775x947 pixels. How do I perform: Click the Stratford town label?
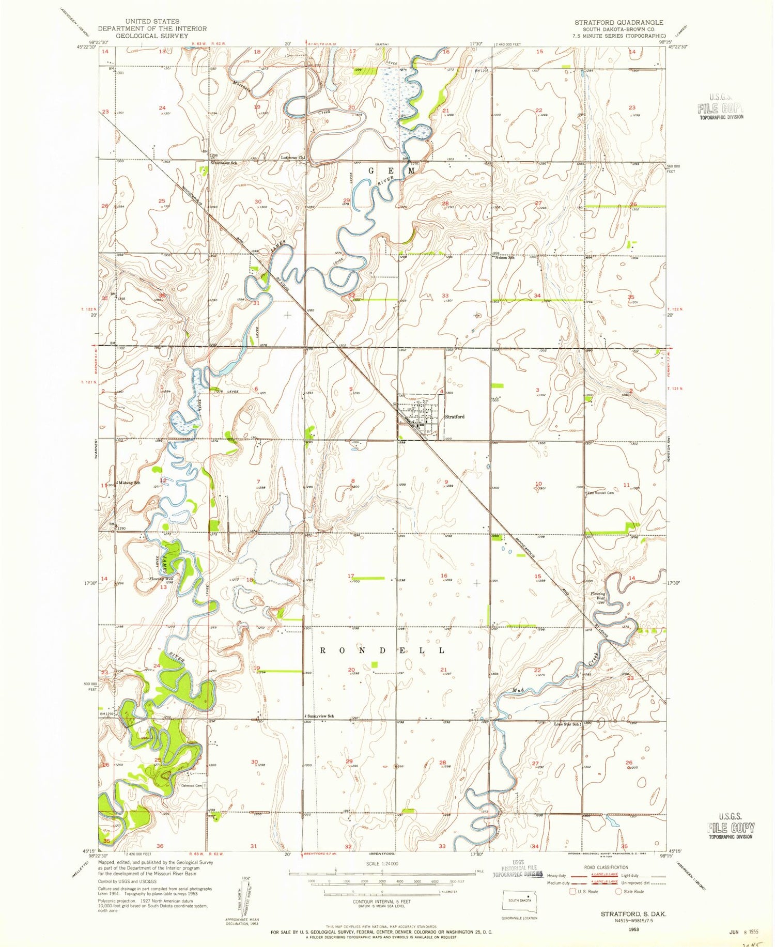click(455, 416)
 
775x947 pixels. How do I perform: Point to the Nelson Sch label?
click(505, 257)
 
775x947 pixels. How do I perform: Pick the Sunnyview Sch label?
click(320, 716)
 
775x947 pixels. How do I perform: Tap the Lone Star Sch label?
click(568, 724)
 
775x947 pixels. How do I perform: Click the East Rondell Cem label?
click(601, 492)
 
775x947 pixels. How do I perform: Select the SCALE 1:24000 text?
click(382, 863)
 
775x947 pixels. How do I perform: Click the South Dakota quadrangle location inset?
click(520, 901)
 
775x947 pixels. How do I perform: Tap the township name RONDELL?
click(382, 650)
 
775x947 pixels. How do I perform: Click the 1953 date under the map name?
click(633, 929)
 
